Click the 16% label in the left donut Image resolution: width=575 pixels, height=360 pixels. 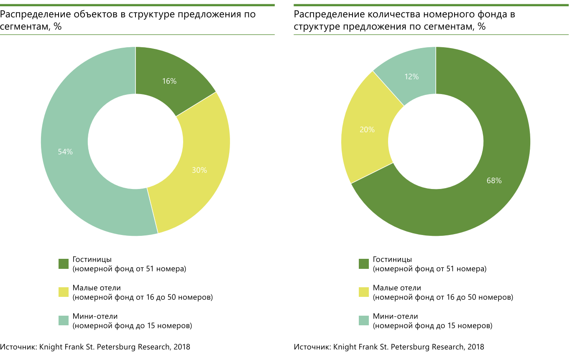[x=169, y=82]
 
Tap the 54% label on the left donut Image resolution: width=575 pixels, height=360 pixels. [x=65, y=152]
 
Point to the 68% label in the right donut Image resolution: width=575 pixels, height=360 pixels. [x=494, y=181]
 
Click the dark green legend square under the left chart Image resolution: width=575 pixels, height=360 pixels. [x=64, y=264]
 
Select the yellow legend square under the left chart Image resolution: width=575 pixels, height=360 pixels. [x=64, y=292]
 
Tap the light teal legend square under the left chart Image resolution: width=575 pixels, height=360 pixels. [x=64, y=321]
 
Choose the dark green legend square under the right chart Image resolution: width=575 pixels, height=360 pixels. [x=364, y=264]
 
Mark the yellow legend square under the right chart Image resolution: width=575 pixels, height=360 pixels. [x=364, y=292]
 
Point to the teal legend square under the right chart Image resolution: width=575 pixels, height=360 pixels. [x=364, y=321]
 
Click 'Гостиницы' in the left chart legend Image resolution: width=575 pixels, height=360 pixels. [x=92, y=259]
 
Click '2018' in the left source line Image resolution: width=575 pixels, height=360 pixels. [x=181, y=347]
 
